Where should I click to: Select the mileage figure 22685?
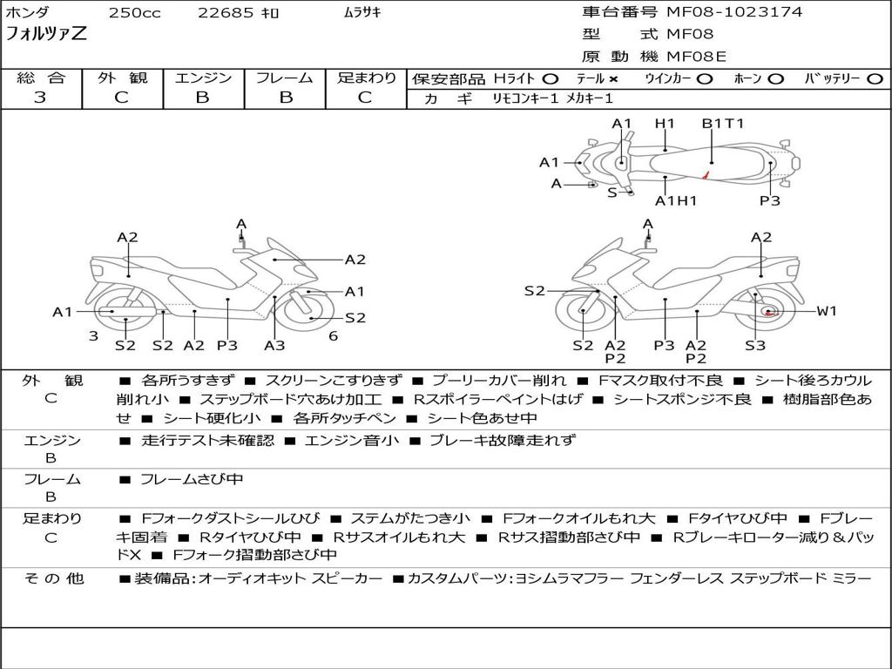pos(226,13)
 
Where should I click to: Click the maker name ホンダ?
pos(28,13)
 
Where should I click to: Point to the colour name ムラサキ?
pos(357,13)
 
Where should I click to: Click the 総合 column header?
pos(41,78)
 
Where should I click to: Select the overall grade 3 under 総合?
pos(40,98)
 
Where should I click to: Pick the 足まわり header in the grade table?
pos(367,78)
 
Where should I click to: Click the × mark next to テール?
pos(613,79)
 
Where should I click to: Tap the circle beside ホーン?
pos(776,79)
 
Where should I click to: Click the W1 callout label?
pos(826,311)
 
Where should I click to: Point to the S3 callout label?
pos(754,346)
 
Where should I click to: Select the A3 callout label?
pos(274,346)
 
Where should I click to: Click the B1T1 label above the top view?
pos(723,124)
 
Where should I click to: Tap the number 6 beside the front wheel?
pos(333,335)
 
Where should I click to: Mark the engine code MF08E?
pos(696,57)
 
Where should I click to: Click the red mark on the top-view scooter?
pos(707,177)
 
